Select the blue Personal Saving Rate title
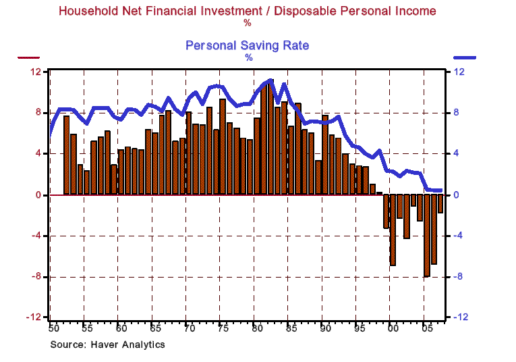point(247,45)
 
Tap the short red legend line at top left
point(28,58)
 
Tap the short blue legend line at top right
point(465,58)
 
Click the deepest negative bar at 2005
point(426,235)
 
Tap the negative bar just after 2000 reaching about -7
point(393,230)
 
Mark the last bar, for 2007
point(440,204)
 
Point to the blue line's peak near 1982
point(270,80)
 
